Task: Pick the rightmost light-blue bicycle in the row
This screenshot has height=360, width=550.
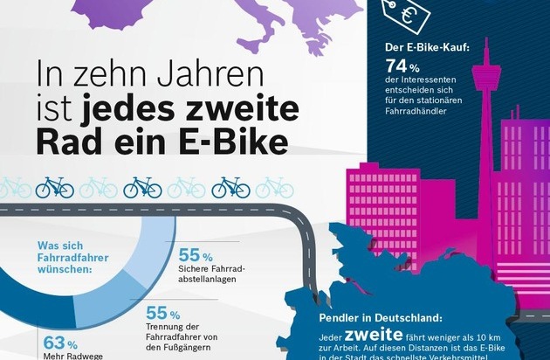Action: click(x=274, y=187)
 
